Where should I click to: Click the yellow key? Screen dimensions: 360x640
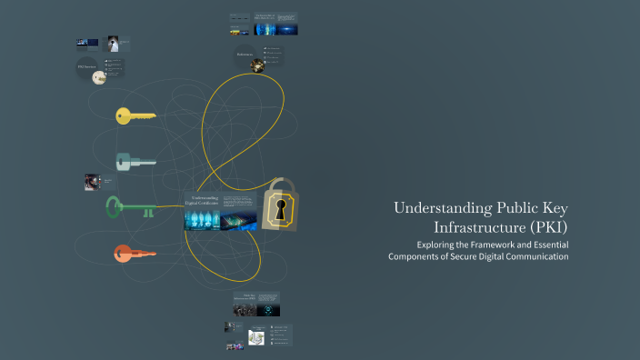pyautogui.click(x=135, y=115)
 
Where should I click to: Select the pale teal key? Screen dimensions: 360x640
pyautogui.click(x=135, y=162)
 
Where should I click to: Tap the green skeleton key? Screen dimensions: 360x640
pyautogui.click(x=136, y=207)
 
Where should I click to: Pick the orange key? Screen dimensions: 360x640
pyautogui.click(x=135, y=254)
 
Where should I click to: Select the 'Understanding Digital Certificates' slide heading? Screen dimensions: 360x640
pyautogui.click(x=201, y=200)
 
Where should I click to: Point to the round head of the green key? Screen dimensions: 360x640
pyautogui.click(x=115, y=207)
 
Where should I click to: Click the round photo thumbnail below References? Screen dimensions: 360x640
pyautogui.click(x=257, y=65)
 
